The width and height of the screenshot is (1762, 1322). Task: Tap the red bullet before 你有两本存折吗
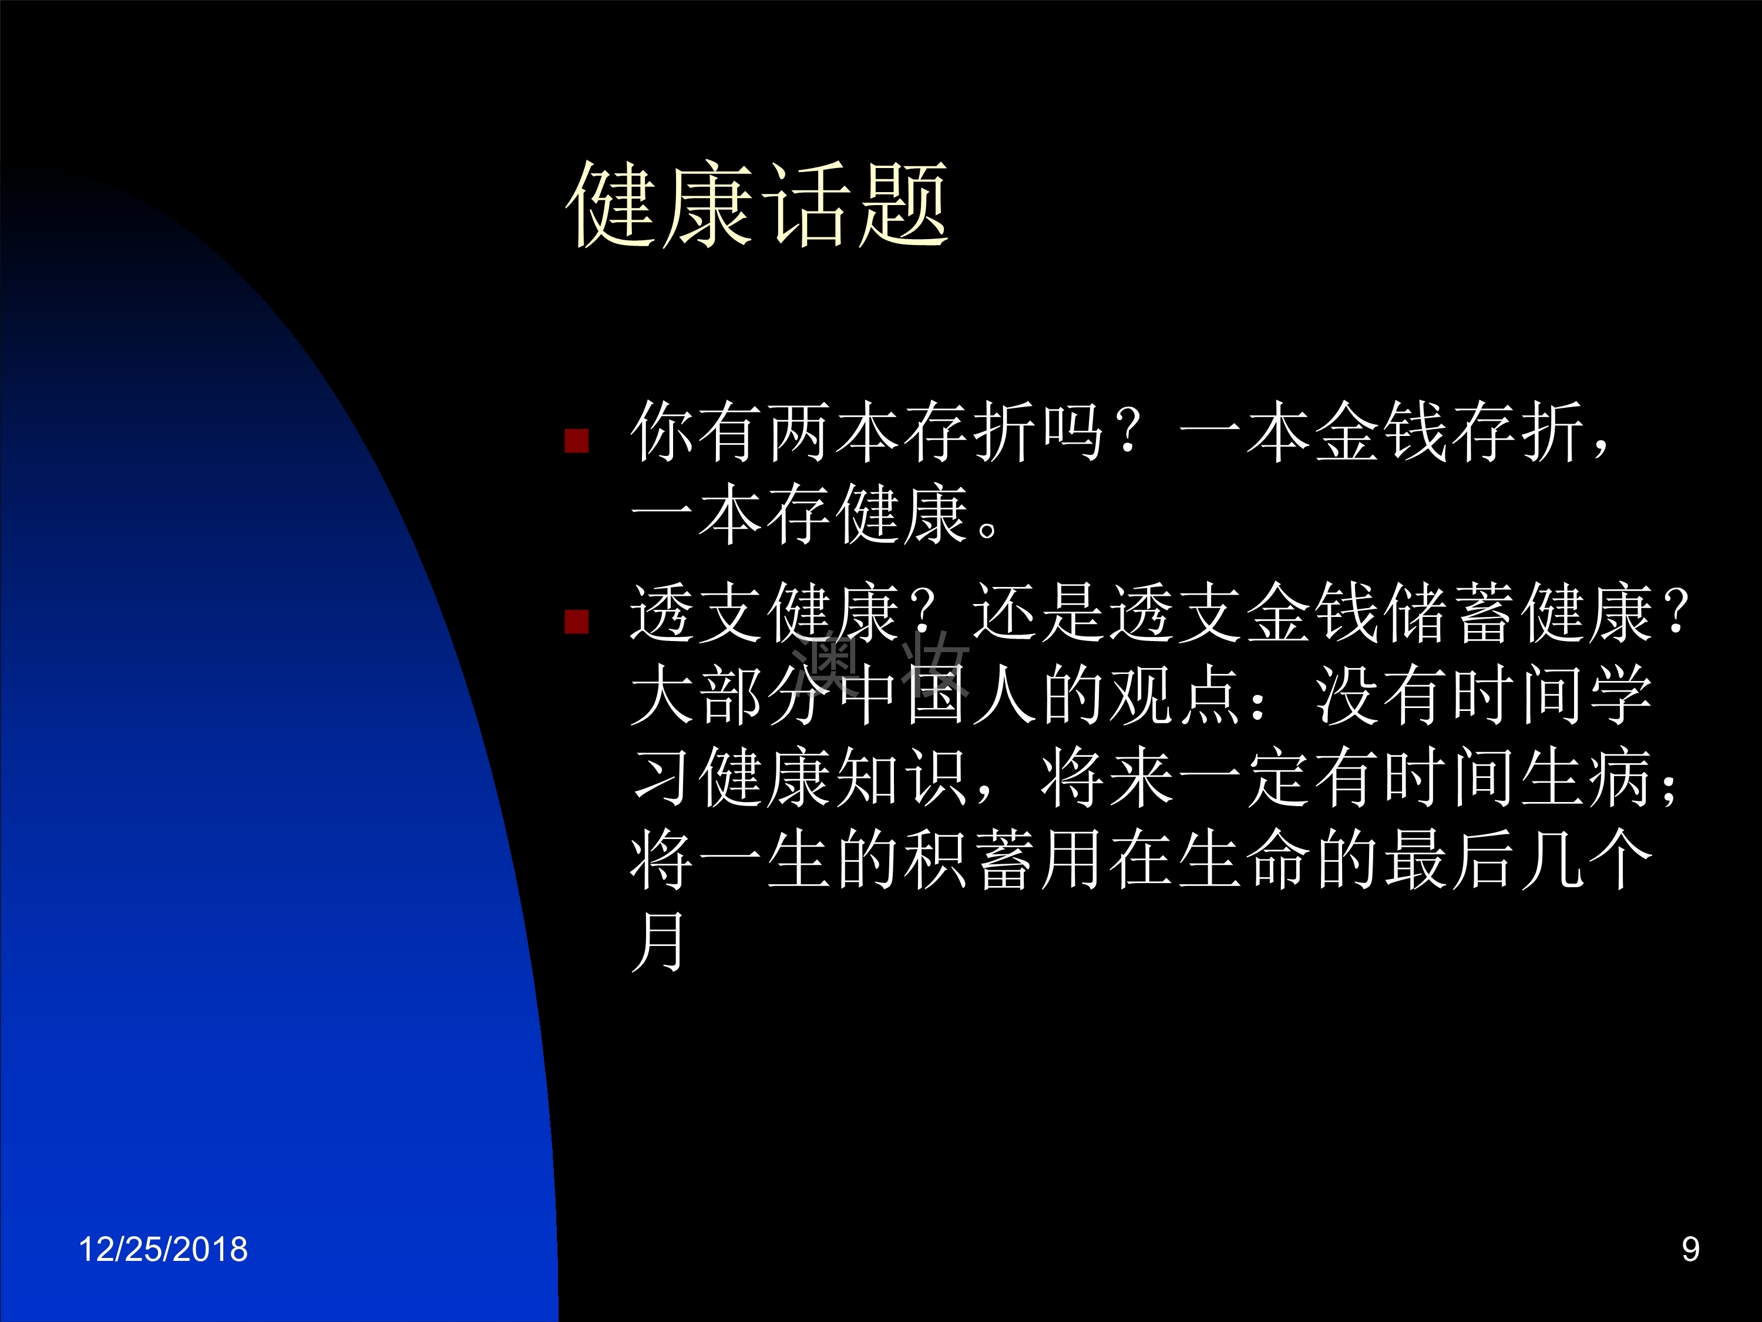coord(577,441)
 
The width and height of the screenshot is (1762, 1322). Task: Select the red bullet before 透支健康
coord(577,622)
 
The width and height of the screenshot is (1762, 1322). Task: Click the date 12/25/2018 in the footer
coord(163,1249)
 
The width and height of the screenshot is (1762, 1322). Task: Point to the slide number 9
coord(1690,1249)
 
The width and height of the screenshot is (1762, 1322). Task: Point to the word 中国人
coord(937,695)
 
